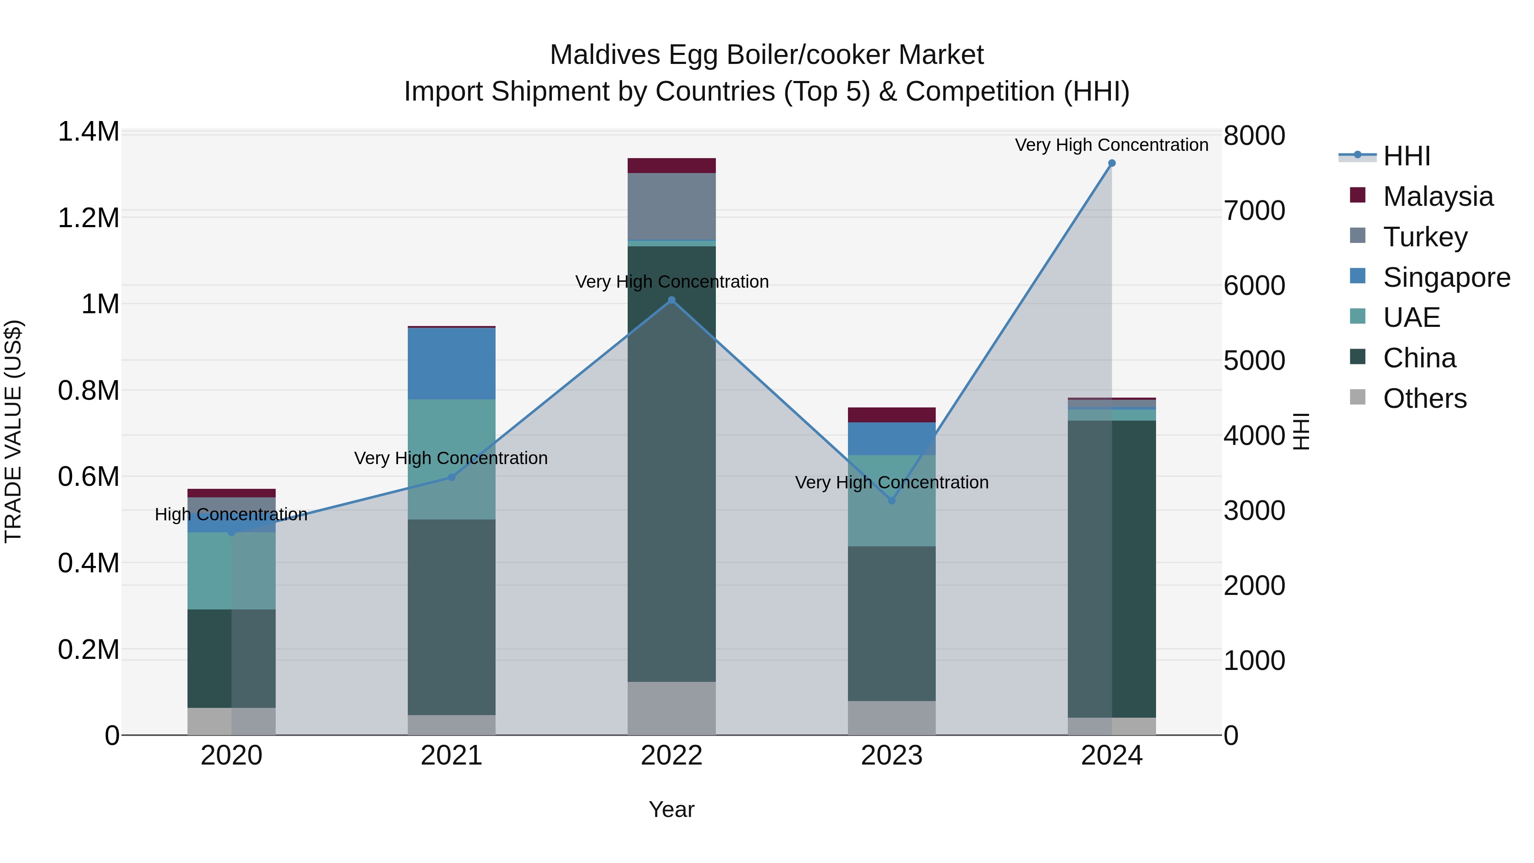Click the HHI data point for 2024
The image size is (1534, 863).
(x=1111, y=163)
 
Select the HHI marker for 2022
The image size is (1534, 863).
(x=672, y=300)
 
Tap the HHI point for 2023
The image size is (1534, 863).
(x=891, y=501)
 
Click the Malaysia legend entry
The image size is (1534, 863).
(x=1438, y=196)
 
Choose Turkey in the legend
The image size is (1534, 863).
(x=1424, y=237)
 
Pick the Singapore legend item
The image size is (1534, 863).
(x=1446, y=277)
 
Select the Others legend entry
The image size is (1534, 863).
(x=1424, y=398)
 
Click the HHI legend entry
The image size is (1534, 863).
(x=1406, y=156)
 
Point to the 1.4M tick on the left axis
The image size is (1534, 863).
(x=89, y=132)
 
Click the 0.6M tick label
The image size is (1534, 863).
(x=89, y=476)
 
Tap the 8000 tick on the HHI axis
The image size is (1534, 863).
(x=1254, y=136)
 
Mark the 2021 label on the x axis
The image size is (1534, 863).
(x=451, y=756)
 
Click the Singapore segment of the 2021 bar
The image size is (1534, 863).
(x=451, y=363)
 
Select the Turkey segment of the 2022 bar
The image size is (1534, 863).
(x=672, y=206)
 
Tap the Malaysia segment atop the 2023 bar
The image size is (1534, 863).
(x=891, y=415)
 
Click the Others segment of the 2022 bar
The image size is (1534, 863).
(x=672, y=708)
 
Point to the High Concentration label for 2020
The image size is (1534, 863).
(x=231, y=514)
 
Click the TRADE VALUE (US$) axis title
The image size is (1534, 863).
(x=14, y=431)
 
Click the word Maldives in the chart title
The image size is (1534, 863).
(x=605, y=55)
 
